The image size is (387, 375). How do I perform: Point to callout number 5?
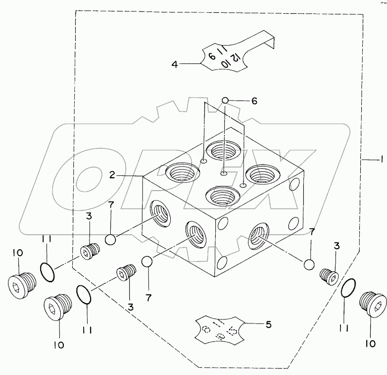[269, 325]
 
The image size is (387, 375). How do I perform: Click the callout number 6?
[254, 101]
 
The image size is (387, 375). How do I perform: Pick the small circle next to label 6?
[225, 101]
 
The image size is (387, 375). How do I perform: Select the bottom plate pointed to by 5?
[218, 329]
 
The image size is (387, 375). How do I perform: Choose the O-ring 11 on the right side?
[348, 288]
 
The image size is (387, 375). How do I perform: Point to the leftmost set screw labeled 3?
[88, 253]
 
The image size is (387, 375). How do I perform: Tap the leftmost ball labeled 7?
[111, 240]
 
